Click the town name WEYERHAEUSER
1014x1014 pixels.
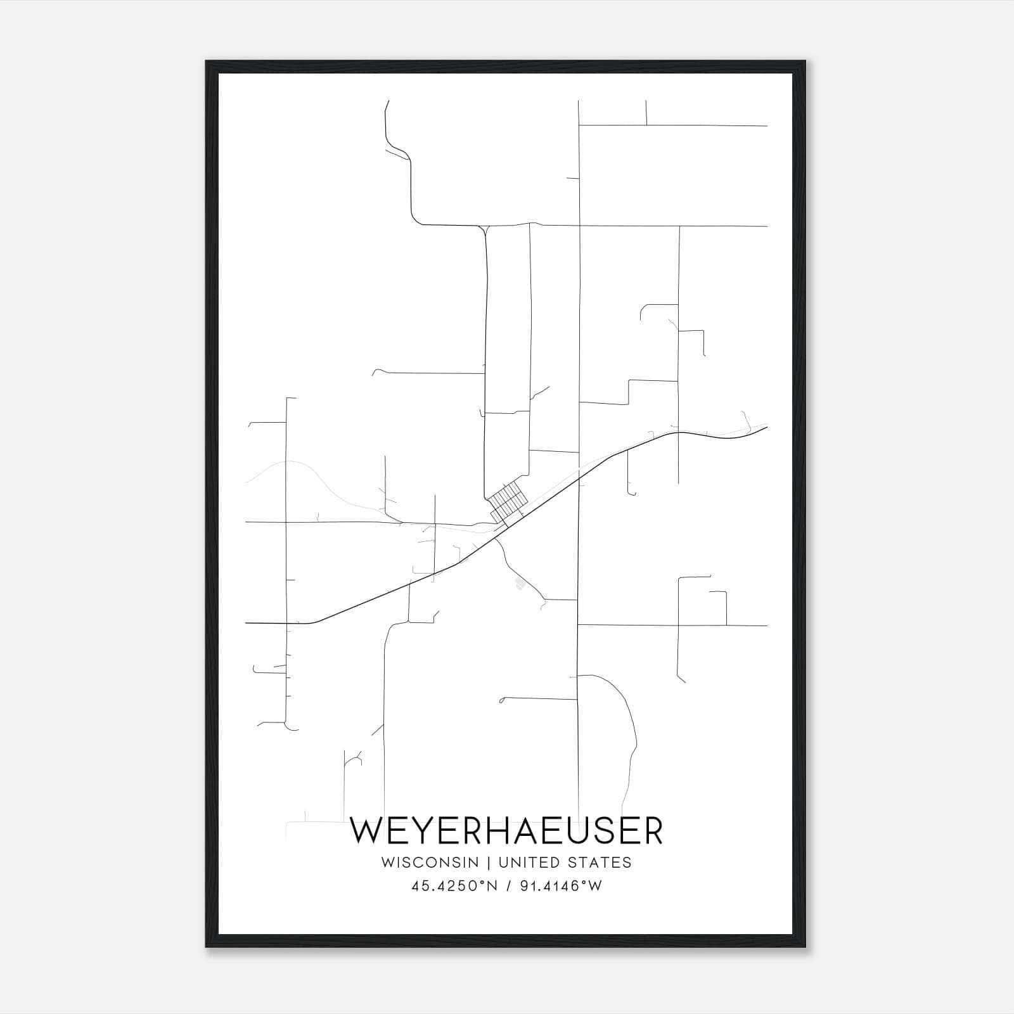506,831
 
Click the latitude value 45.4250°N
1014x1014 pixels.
454,886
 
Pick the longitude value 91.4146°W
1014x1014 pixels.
561,886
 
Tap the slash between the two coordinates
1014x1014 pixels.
508,886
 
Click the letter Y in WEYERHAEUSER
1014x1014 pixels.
430,831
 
